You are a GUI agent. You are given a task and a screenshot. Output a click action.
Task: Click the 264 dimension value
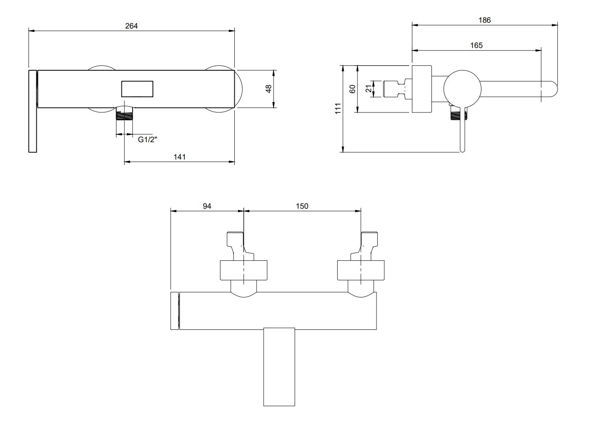(131, 26)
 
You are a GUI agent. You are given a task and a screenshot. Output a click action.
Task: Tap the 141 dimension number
(179, 157)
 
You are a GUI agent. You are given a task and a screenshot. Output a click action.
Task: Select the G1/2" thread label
(148, 139)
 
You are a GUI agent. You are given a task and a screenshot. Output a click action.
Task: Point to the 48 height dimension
(269, 89)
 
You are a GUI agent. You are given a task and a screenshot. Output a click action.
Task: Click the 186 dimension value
(485, 20)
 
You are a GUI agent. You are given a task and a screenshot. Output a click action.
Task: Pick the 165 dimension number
(476, 45)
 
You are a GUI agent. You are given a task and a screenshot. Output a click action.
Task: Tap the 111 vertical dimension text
(338, 108)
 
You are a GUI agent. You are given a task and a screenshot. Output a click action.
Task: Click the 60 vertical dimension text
(352, 89)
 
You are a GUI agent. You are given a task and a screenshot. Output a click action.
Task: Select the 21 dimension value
(369, 88)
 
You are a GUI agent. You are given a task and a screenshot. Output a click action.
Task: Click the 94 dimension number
(207, 206)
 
